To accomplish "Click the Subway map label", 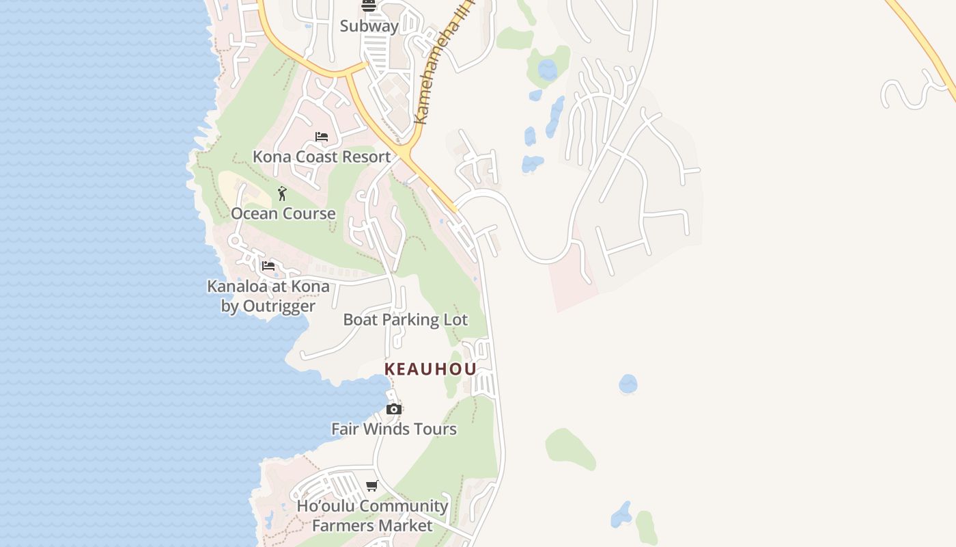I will pos(369,26).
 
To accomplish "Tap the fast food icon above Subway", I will pos(369,6).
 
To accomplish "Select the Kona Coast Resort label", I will pos(322,157).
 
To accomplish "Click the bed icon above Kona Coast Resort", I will pos(322,137).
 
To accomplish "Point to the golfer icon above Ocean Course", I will pos(282,194).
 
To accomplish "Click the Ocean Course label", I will pos(283,213).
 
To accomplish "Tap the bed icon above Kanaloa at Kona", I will pos(268,265).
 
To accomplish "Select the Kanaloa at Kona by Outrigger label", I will pos(268,296).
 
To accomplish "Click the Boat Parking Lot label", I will pos(405,319).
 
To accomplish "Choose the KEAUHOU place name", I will pos(430,369).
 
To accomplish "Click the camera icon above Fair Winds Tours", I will pos(394,409).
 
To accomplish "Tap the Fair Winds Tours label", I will pos(394,429).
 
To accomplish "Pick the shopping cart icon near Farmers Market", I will pos(372,486).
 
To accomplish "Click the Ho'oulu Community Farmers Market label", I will pos(372,516).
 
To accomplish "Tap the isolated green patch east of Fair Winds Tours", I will pos(569,449).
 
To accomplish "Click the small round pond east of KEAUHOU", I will pos(628,384).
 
